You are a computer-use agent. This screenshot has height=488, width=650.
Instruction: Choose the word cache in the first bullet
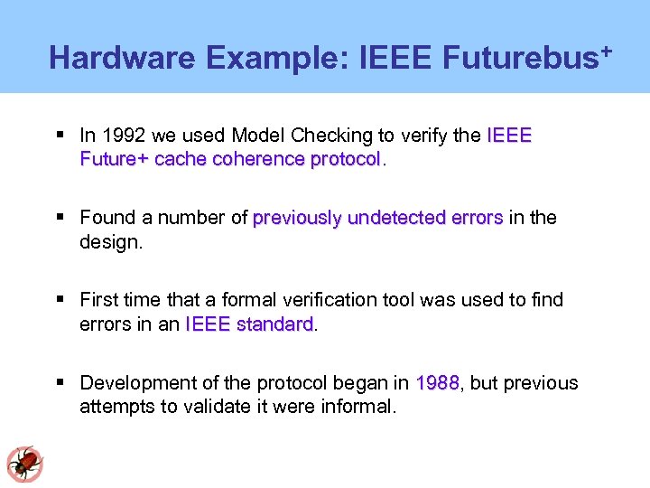tap(181, 159)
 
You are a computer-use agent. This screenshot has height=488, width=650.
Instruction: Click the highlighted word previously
tap(298, 218)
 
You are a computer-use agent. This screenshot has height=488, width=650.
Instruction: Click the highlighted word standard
tap(274, 324)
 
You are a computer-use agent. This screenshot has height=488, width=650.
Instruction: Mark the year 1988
tap(438, 383)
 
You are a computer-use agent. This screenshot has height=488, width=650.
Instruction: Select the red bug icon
tap(23, 463)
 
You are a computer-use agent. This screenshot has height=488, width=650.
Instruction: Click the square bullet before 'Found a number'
tap(60, 218)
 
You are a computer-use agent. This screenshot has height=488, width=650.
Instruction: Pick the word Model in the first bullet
tap(257, 136)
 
